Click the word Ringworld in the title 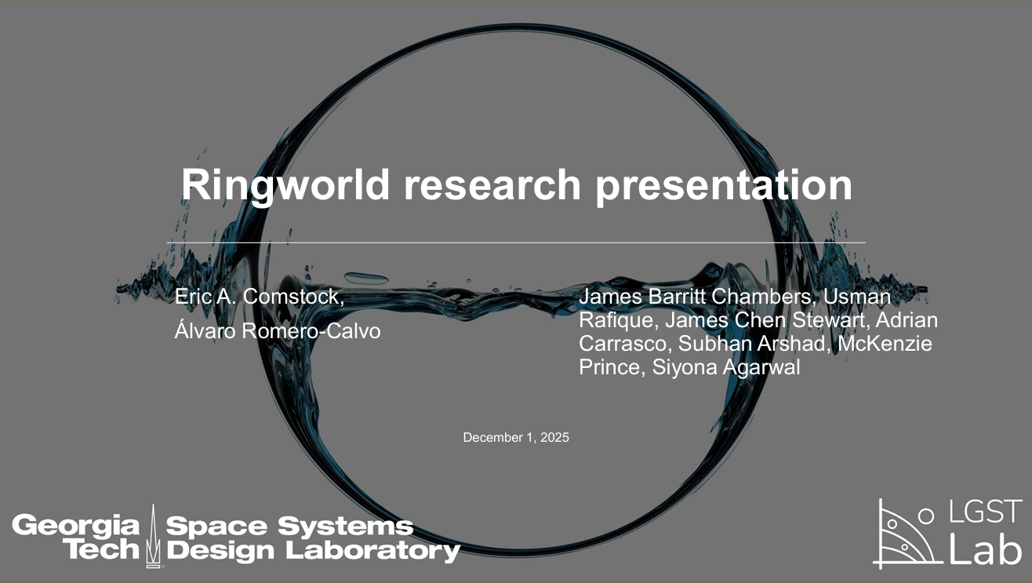(285, 185)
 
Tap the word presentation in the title (723, 185)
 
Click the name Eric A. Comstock (259, 297)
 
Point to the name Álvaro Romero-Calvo (277, 331)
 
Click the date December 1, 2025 (516, 437)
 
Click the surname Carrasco (623, 344)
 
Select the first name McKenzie (885, 344)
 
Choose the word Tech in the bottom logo (101, 549)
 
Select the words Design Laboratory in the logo (313, 549)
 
